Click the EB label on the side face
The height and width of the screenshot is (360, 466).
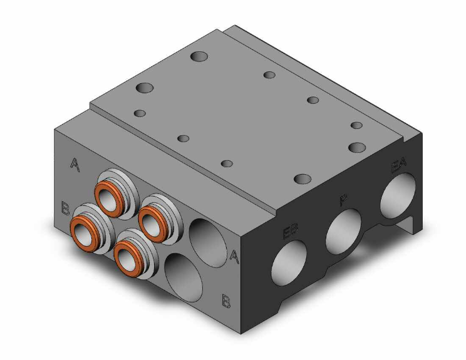click(290, 233)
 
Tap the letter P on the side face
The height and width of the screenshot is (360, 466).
click(343, 201)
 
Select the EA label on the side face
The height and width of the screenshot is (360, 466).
click(398, 167)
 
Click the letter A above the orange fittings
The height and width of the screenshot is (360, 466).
click(75, 165)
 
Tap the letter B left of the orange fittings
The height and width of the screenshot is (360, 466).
click(65, 208)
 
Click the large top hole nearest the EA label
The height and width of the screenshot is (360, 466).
click(358, 148)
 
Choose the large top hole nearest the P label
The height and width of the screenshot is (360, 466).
click(302, 179)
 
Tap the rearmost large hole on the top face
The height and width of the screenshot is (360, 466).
click(200, 57)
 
